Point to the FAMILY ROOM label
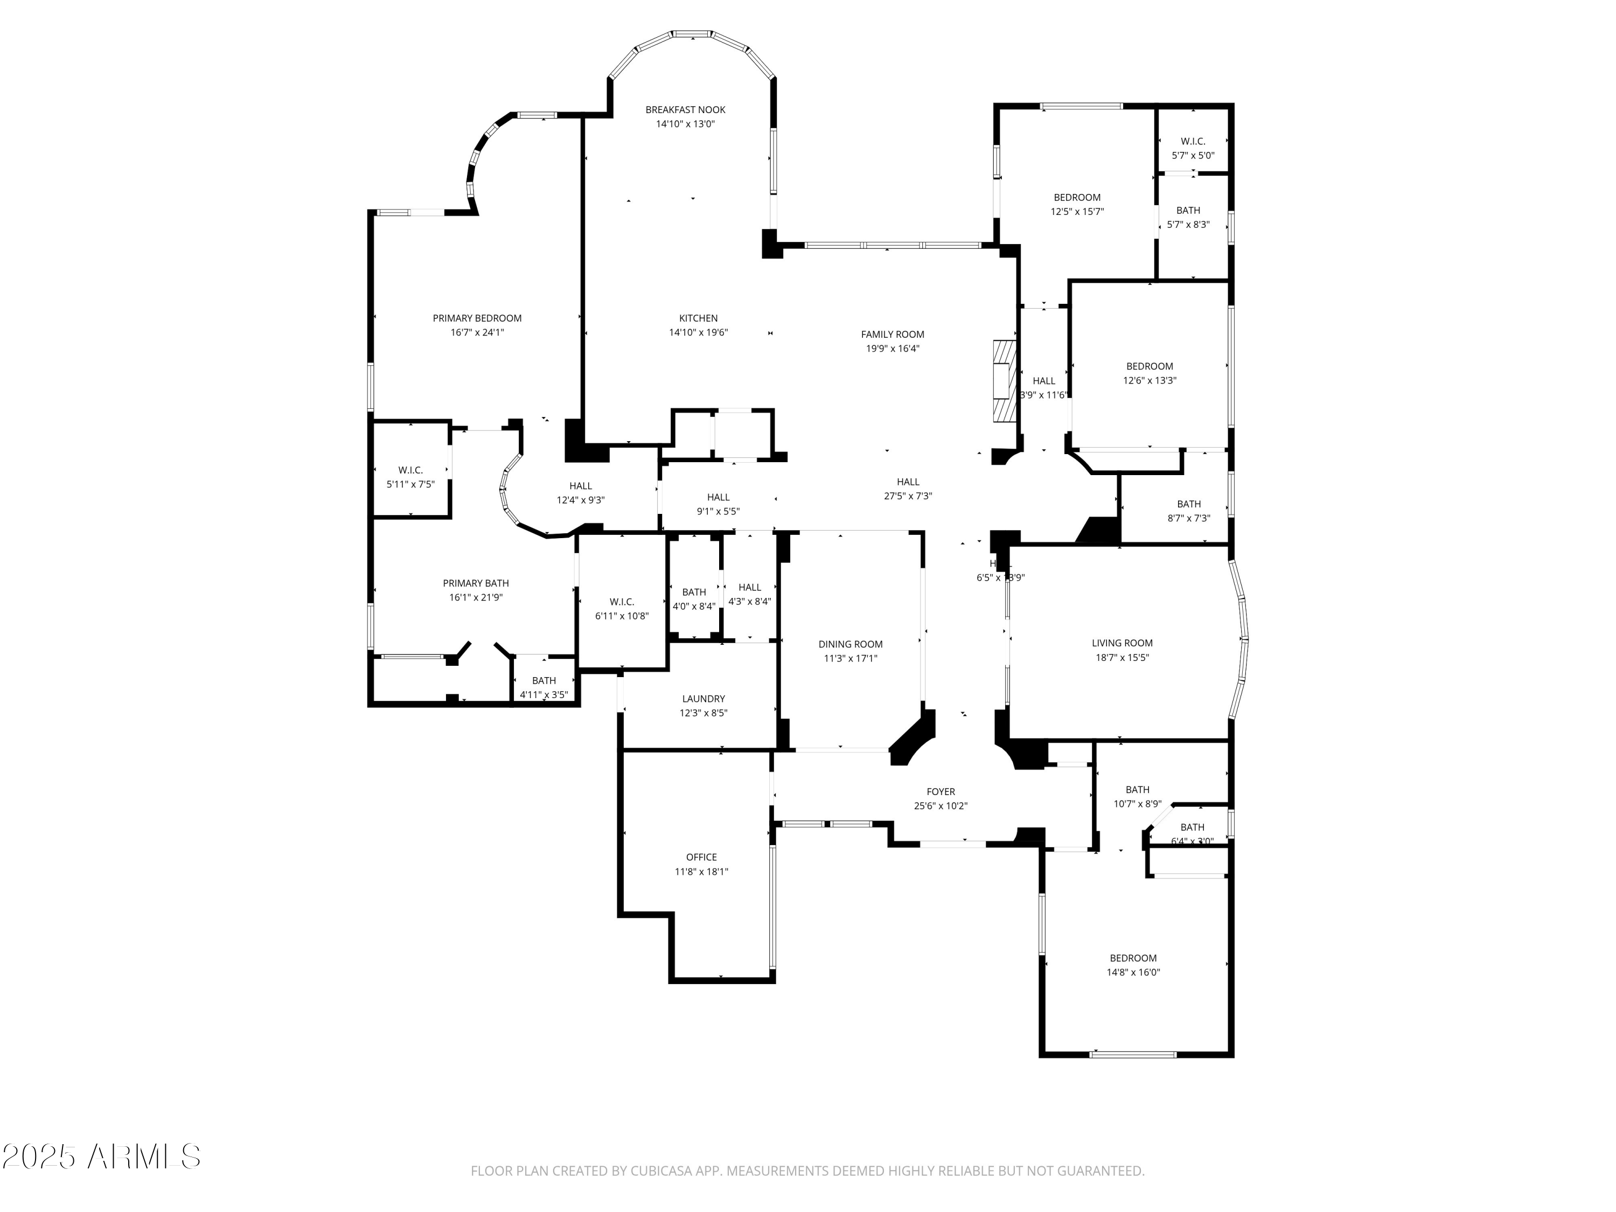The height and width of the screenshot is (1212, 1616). point(892,335)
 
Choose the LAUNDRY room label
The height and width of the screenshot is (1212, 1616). point(703,699)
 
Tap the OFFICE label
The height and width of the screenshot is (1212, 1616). point(701,858)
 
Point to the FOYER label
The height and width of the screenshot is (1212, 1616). point(940,792)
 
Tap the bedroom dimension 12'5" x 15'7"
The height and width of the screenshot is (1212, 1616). point(1076,212)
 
